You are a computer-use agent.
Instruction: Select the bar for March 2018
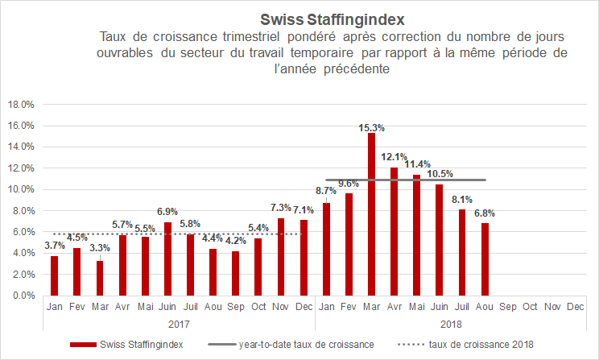click(x=371, y=214)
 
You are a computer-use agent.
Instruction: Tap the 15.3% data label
click(x=371, y=127)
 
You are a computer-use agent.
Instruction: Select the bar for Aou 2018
click(x=485, y=259)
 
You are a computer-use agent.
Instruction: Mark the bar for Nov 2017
click(x=280, y=257)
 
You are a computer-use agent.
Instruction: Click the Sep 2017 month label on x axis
click(x=235, y=307)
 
